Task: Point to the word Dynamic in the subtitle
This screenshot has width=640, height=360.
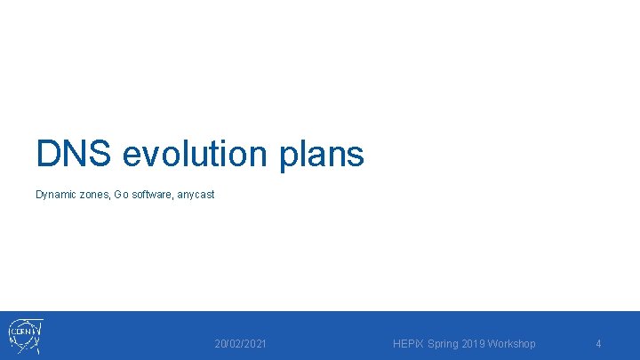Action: click(56, 195)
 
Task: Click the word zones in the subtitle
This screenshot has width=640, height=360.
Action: click(94, 195)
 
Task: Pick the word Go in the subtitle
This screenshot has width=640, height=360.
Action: click(121, 195)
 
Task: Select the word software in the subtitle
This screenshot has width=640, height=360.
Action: click(151, 195)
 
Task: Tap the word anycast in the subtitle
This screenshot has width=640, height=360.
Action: click(196, 195)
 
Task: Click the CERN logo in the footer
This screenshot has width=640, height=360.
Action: click(25, 336)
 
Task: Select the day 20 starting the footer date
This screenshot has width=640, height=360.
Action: click(220, 344)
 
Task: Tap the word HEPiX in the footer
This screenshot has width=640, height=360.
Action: click(409, 344)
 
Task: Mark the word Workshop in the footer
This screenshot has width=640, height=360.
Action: click(514, 344)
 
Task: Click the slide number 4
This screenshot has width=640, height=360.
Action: click(598, 344)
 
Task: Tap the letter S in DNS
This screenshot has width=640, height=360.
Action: click(100, 154)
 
